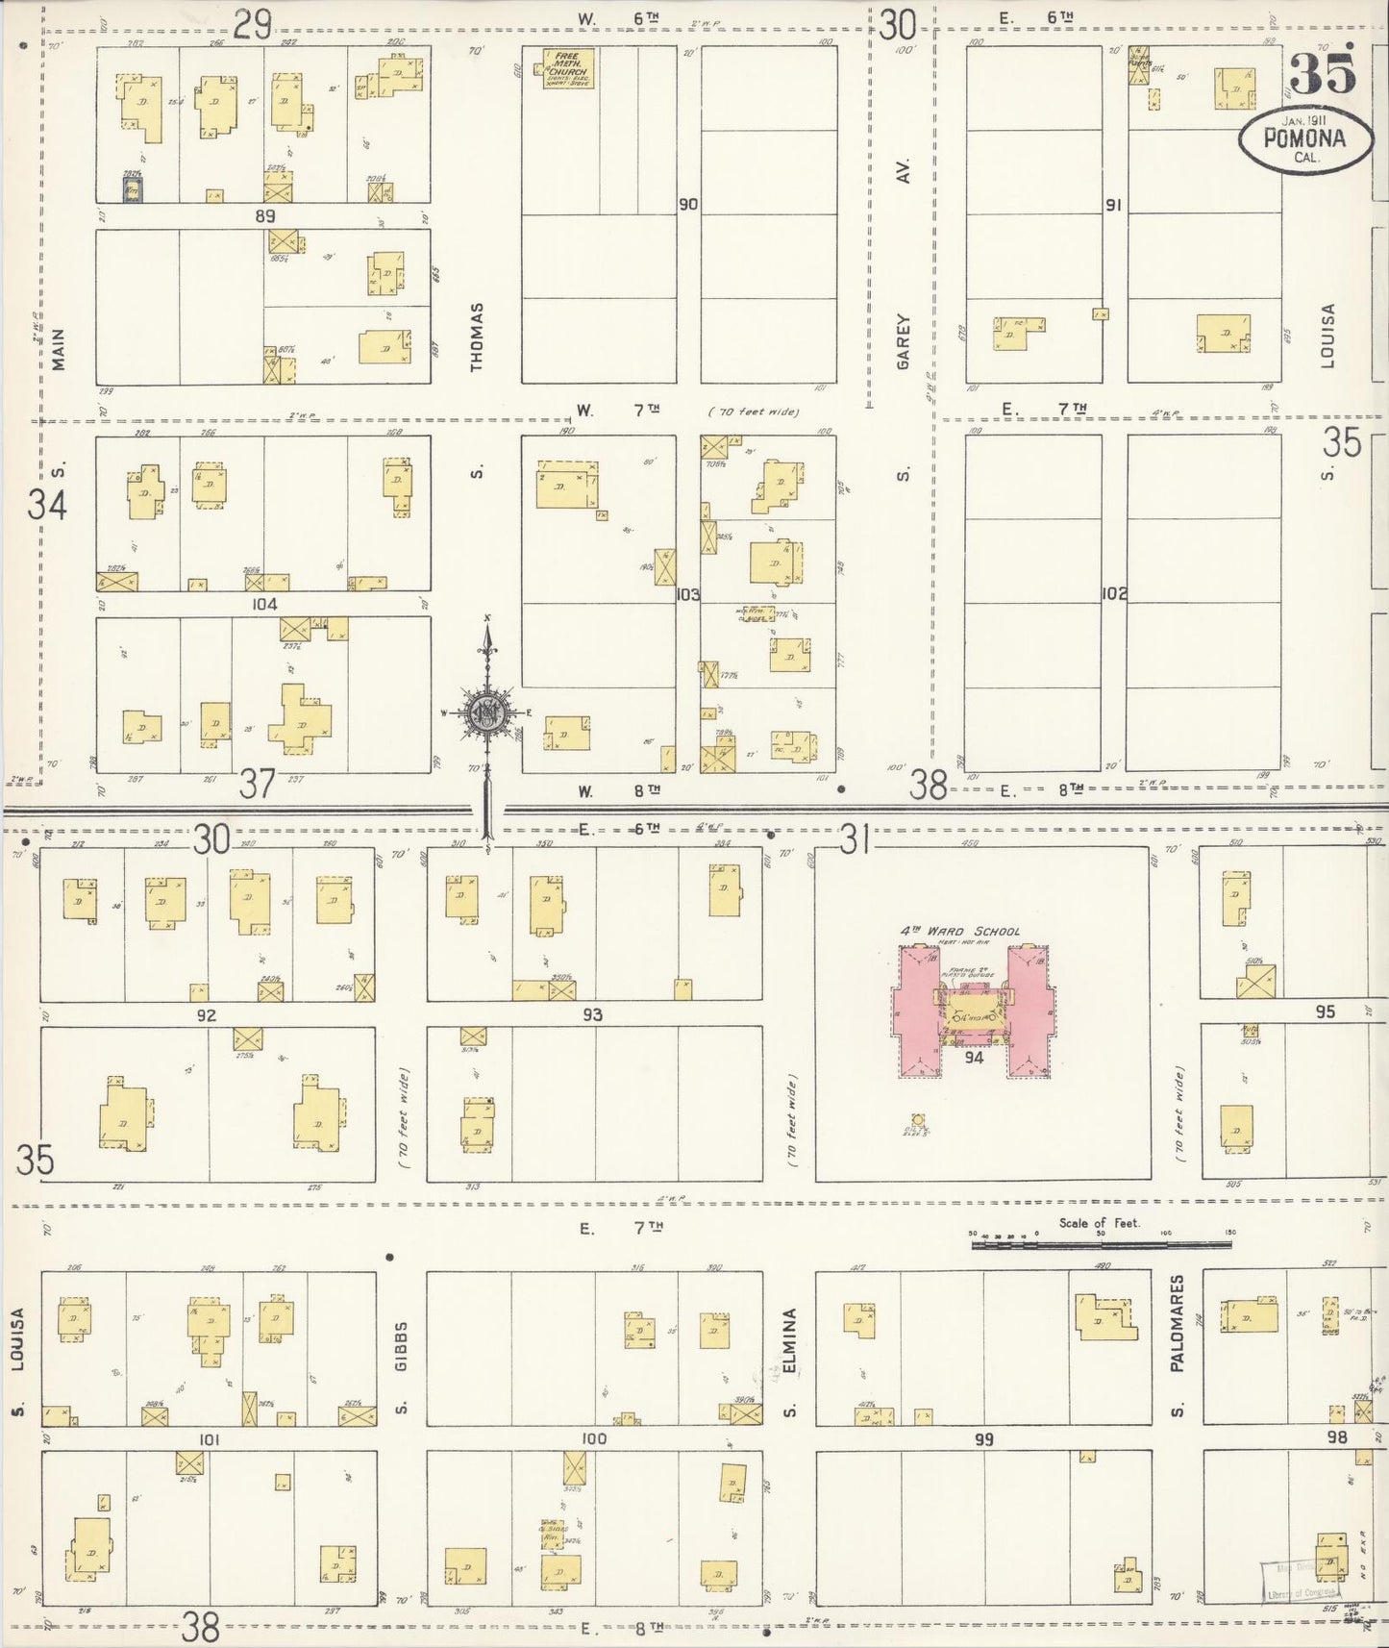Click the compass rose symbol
[x=487, y=712]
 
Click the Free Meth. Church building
[x=568, y=67]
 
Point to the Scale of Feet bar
[x=1101, y=1244]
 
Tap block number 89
[x=265, y=216]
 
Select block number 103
[x=688, y=594]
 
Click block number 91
[x=1113, y=205]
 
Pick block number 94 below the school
[x=974, y=1058]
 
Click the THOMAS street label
[x=477, y=337]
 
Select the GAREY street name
[x=903, y=341]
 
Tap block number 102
[x=1114, y=594]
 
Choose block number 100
[x=594, y=1438]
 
